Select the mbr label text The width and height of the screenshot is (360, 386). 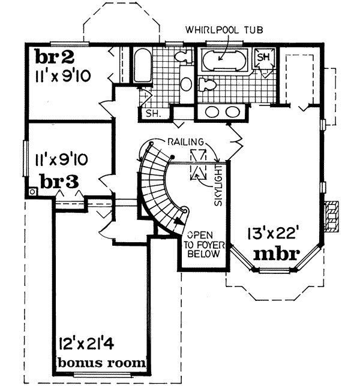[276, 254]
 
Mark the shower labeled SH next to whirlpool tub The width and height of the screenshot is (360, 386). [263, 58]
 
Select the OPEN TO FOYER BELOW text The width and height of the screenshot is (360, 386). [202, 244]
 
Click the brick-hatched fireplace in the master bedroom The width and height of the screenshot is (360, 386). [331, 216]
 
